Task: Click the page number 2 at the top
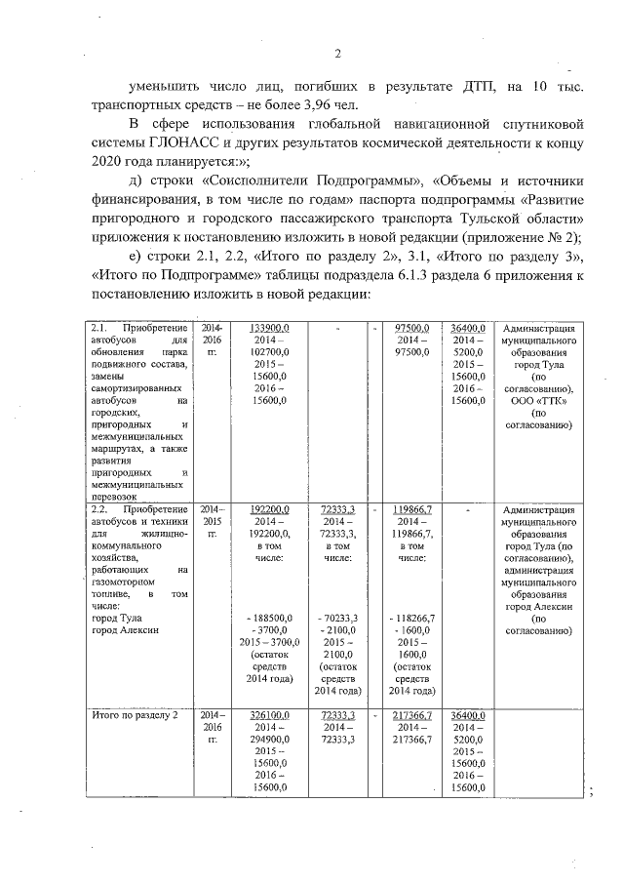pyautogui.click(x=337, y=54)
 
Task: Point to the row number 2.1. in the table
pyautogui.click(x=98, y=328)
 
